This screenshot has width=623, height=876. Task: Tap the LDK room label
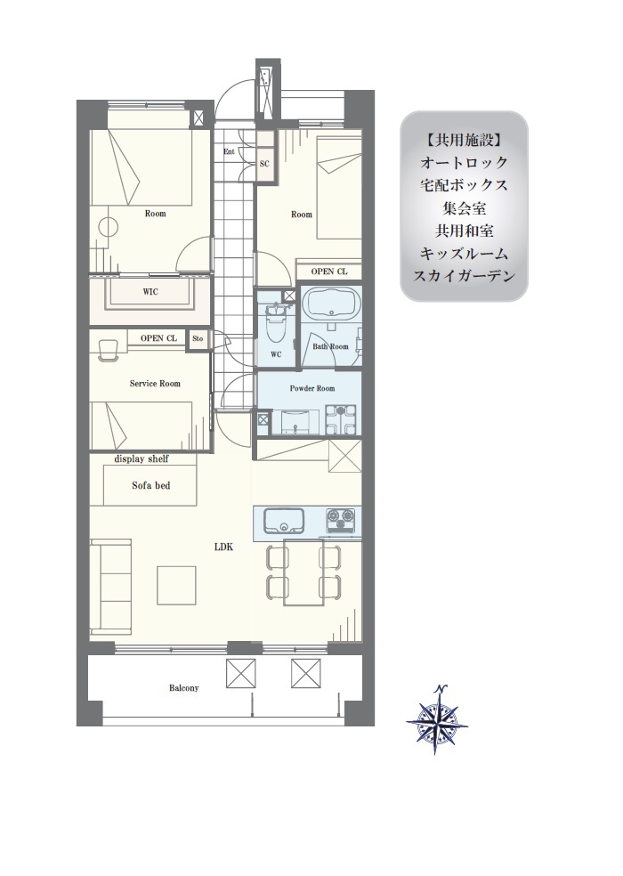tap(223, 547)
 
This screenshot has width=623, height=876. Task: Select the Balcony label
tap(184, 688)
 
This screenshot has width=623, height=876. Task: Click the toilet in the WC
tap(276, 325)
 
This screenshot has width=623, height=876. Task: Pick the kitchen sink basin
tap(283, 521)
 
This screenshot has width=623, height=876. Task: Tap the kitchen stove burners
tap(340, 521)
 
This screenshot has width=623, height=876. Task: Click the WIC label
tap(150, 292)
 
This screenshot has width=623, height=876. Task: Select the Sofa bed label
tap(151, 485)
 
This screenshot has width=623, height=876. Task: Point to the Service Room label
tap(155, 383)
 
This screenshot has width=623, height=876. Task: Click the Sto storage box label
tap(198, 338)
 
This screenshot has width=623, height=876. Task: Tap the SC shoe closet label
tap(265, 164)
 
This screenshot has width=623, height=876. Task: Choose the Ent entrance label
tap(229, 151)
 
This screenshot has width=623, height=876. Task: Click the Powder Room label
tap(312, 388)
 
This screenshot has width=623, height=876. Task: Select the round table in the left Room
tap(109, 227)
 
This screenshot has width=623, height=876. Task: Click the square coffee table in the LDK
tap(176, 585)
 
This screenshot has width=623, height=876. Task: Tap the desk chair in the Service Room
tap(108, 350)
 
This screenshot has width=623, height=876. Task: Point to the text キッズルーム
tap(464, 253)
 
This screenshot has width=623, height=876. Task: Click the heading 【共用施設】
tap(464, 141)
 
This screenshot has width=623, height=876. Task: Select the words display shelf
tap(142, 458)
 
